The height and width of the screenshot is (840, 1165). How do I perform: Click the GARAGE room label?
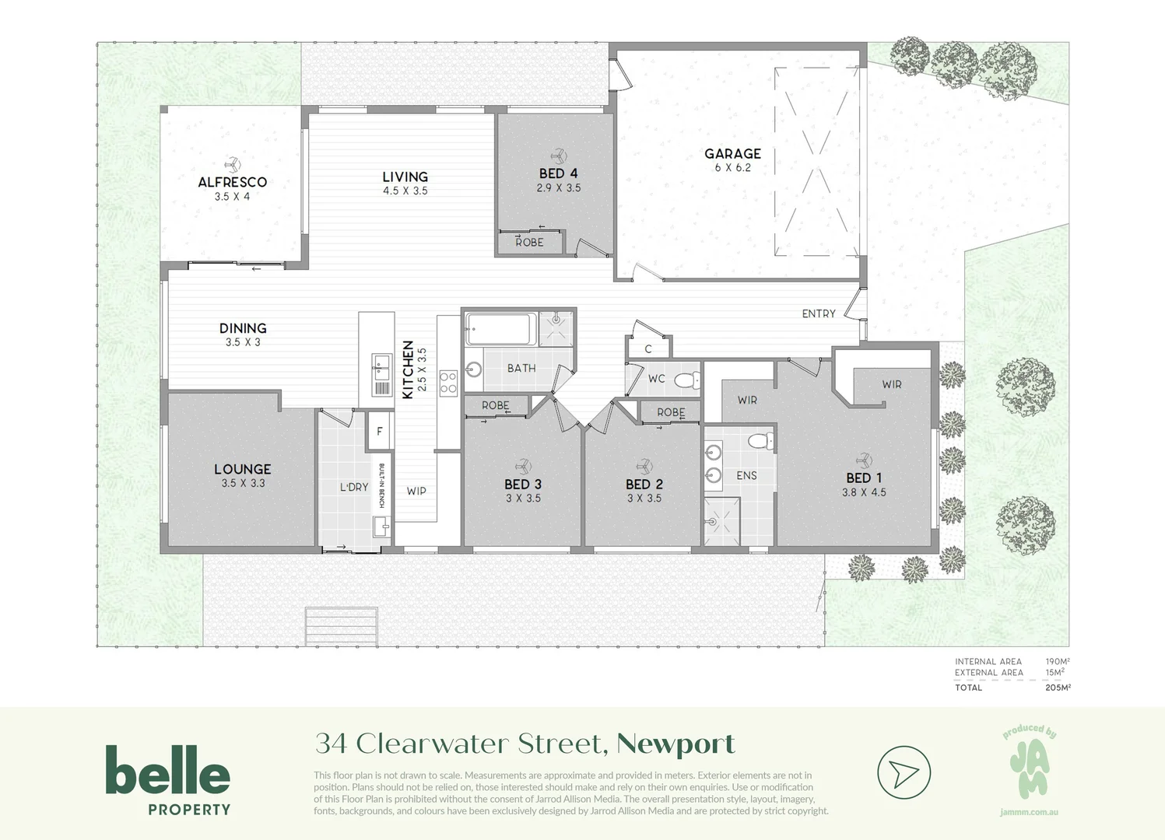click(732, 154)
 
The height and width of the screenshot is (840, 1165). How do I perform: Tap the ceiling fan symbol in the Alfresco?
click(232, 165)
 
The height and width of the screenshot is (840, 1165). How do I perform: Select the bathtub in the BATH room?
click(500, 329)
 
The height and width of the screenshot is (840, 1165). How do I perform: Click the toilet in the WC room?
click(686, 380)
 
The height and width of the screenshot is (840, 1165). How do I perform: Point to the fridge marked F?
click(380, 432)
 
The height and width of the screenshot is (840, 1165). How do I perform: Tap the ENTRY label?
click(819, 313)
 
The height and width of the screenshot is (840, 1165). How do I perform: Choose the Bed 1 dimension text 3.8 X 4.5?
click(864, 492)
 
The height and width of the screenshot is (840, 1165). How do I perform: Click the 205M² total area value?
click(1058, 688)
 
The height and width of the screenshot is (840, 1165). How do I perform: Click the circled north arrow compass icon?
click(904, 772)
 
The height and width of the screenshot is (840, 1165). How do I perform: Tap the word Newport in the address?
click(675, 744)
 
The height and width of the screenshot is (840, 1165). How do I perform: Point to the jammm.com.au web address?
click(1029, 812)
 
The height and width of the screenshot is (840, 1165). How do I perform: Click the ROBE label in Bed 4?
click(529, 243)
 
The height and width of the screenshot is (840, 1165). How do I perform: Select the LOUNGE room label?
click(243, 469)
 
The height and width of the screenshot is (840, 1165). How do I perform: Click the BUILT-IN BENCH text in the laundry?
click(381, 486)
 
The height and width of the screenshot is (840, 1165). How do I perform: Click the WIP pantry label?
click(416, 491)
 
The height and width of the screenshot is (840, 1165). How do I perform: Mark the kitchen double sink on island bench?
click(381, 362)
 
